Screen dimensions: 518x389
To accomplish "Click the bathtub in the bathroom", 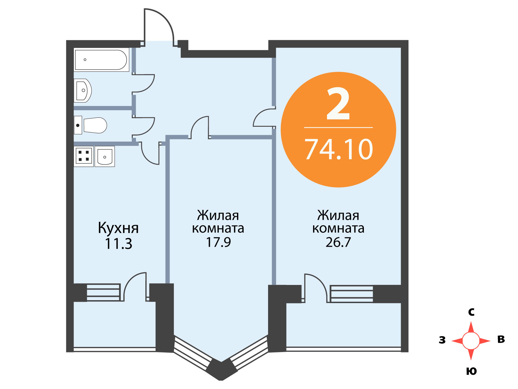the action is pos(101,60).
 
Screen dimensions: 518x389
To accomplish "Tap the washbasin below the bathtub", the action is pos(83,90).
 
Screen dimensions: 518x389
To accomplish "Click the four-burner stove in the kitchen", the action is pos(84,156).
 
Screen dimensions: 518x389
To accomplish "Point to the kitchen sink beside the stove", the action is pos(105,156).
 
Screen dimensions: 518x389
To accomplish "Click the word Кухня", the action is pos(118,228).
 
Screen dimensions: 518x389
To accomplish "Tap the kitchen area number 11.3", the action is pos(118,244).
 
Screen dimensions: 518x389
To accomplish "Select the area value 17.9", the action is pos(219,242).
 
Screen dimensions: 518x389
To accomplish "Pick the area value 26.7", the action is pos(338,242).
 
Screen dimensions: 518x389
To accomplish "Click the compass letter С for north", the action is pos(471,312).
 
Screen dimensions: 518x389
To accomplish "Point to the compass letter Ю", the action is pos(471,371).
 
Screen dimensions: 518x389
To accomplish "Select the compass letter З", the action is pos(442,340).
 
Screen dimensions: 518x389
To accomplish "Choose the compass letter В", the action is pos(501,339).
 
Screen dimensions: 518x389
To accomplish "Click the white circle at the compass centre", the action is pos(471,341).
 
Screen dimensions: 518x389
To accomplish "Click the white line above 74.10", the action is pos(338,127).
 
